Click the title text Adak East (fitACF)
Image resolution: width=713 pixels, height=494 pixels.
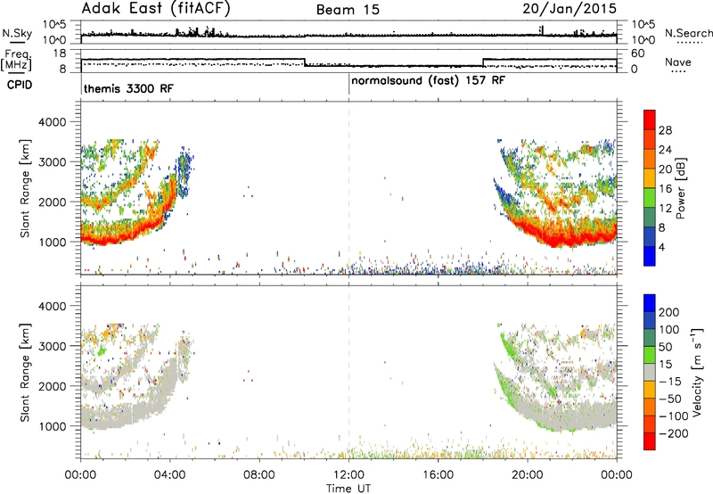(x=156, y=9)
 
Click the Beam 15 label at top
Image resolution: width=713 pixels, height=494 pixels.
(x=348, y=10)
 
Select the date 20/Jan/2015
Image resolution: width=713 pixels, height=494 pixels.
(x=570, y=9)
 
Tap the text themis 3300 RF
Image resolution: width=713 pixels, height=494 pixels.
(x=128, y=88)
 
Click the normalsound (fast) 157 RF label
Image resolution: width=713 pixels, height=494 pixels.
(x=428, y=80)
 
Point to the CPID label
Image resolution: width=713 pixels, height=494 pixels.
(x=20, y=85)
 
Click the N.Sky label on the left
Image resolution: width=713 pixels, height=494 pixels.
(x=17, y=33)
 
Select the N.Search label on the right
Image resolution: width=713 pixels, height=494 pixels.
(x=688, y=33)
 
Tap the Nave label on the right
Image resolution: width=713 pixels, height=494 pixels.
(x=678, y=62)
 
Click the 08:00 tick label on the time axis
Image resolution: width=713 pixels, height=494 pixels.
(x=259, y=475)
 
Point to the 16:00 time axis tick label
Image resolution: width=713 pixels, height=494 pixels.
(x=438, y=475)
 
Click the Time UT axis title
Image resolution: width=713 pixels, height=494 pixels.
(x=348, y=489)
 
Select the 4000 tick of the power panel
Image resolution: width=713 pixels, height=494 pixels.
(x=53, y=122)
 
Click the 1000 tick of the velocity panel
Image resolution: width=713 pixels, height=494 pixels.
(x=53, y=426)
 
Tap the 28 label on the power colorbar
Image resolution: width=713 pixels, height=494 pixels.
(x=665, y=130)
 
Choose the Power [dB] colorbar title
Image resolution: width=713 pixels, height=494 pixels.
(x=681, y=188)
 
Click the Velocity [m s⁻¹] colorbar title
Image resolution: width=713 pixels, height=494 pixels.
(x=697, y=372)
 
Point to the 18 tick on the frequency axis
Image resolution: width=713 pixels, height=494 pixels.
(x=60, y=54)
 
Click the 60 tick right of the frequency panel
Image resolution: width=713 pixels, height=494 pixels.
(x=638, y=54)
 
